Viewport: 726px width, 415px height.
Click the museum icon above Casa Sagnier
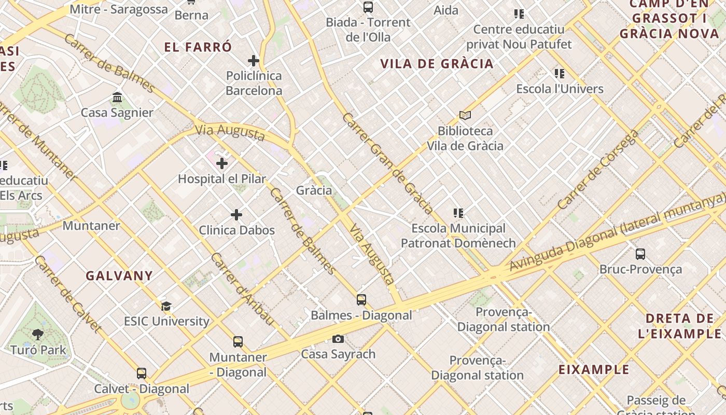pos(117,98)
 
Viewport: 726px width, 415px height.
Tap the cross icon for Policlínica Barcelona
pos(254,61)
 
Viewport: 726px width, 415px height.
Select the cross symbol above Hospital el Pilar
pos(222,164)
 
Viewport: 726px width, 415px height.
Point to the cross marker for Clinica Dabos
pos(236,215)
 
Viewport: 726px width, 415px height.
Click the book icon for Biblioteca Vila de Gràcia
pos(465,116)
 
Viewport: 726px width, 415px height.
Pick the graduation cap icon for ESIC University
pos(166,306)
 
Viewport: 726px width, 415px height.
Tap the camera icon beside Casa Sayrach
pos(338,339)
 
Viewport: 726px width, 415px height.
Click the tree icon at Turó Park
pos(37,335)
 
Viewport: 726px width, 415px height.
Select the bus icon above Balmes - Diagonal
pos(361,300)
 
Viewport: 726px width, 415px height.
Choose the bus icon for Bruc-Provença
pos(640,254)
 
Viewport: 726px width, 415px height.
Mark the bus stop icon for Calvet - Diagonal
pos(142,374)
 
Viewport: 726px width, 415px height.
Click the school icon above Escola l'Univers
pos(559,74)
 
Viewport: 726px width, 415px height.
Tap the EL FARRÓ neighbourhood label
pos(198,47)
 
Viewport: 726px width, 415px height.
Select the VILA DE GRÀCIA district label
pos(437,64)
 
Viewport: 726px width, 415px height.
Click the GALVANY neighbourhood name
pos(119,275)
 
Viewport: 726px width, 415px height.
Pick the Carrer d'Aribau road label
pos(242,289)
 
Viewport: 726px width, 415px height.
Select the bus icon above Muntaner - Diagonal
pos(238,342)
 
